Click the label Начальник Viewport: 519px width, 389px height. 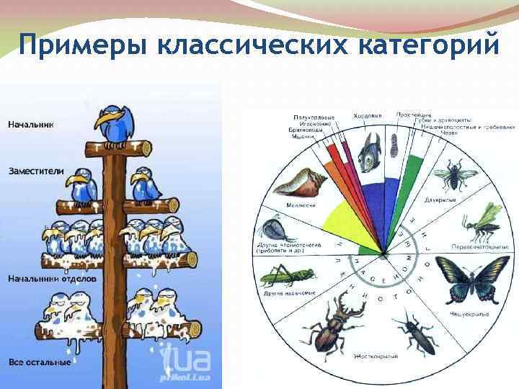30,125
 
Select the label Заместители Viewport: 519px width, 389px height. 36,171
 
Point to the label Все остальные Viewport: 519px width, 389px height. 40,361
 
